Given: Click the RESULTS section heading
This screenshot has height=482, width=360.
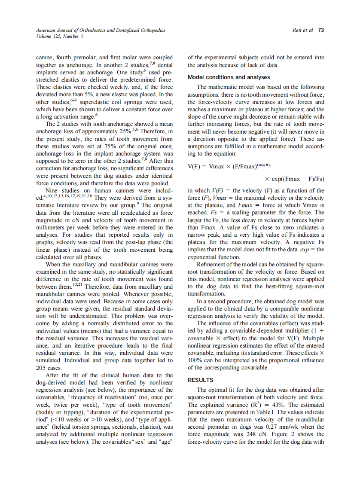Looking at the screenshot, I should point(200,380).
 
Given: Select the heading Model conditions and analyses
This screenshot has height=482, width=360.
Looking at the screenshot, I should point(229,77).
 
